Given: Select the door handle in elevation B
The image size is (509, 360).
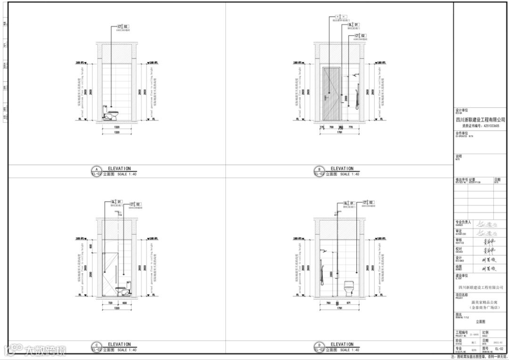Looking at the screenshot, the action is coord(326,98).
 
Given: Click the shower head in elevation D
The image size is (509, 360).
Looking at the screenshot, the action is coord(323,250).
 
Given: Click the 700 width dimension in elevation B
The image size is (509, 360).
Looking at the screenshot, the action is coord(331,127).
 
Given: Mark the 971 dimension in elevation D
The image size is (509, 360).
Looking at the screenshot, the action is coord(349,303).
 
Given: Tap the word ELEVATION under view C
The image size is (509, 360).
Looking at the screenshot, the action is coord(119,344).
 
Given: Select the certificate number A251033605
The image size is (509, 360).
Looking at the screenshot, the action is coord(488,126).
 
